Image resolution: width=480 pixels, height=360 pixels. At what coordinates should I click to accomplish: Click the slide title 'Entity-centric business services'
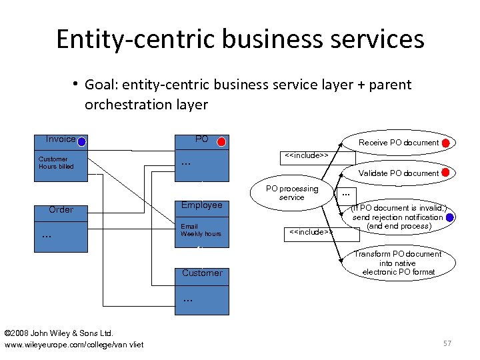(240, 39)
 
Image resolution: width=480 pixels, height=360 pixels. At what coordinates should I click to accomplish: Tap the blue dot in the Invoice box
(81, 141)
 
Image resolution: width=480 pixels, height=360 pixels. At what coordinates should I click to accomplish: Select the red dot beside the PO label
(221, 141)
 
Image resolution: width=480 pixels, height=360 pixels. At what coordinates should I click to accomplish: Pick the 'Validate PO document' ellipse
(399, 173)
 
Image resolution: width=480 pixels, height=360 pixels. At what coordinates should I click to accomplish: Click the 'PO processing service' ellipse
(292, 193)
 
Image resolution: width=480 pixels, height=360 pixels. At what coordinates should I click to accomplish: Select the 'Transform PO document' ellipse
(397, 263)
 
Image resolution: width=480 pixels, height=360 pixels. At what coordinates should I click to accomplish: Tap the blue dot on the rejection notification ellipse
(451, 217)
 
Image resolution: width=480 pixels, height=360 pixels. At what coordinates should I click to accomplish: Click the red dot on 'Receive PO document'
(446, 143)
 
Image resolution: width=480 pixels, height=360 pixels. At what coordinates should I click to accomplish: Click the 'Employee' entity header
(201, 205)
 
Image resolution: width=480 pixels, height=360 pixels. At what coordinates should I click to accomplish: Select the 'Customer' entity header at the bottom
(201, 273)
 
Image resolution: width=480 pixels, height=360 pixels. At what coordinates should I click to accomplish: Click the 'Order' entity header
(61, 209)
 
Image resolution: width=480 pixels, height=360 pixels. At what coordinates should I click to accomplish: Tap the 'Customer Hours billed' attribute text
(56, 163)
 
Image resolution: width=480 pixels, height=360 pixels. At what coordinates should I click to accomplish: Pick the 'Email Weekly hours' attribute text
(201, 230)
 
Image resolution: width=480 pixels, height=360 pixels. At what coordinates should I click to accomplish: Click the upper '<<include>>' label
(307, 155)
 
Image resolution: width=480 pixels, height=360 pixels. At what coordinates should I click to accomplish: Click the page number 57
(447, 343)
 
